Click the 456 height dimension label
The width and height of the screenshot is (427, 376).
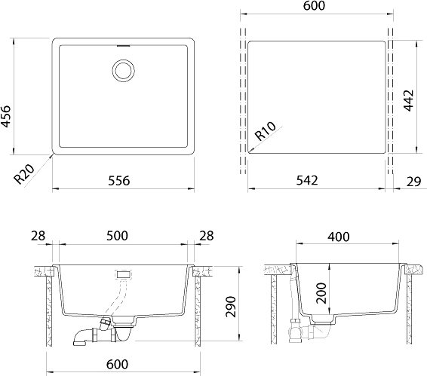tap(6, 117)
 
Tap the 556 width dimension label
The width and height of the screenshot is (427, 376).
tap(119, 181)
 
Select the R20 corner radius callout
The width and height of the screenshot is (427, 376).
tap(24, 174)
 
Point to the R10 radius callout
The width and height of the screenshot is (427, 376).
tap(266, 131)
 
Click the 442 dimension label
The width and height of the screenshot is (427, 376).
tap(408, 101)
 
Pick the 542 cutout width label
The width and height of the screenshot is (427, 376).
tap(307, 180)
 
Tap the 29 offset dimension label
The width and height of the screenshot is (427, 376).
tap(413, 182)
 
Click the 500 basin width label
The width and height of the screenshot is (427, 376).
tap(117, 236)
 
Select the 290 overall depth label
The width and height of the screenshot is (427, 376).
tap(230, 307)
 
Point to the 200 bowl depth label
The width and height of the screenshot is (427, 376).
tap(321, 293)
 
